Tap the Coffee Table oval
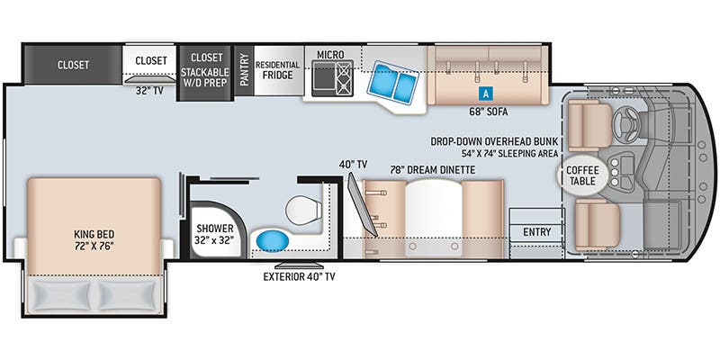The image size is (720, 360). point(582,175)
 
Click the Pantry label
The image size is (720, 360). point(244,69)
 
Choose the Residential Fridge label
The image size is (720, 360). point(278,70)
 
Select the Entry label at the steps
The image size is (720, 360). point(536,232)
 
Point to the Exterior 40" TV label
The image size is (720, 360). point(299,276)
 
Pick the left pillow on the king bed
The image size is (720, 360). point(60,296)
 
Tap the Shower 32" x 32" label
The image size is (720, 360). point(215,234)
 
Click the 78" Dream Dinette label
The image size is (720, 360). point(434,170)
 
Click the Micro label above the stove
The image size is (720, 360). point(330,55)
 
